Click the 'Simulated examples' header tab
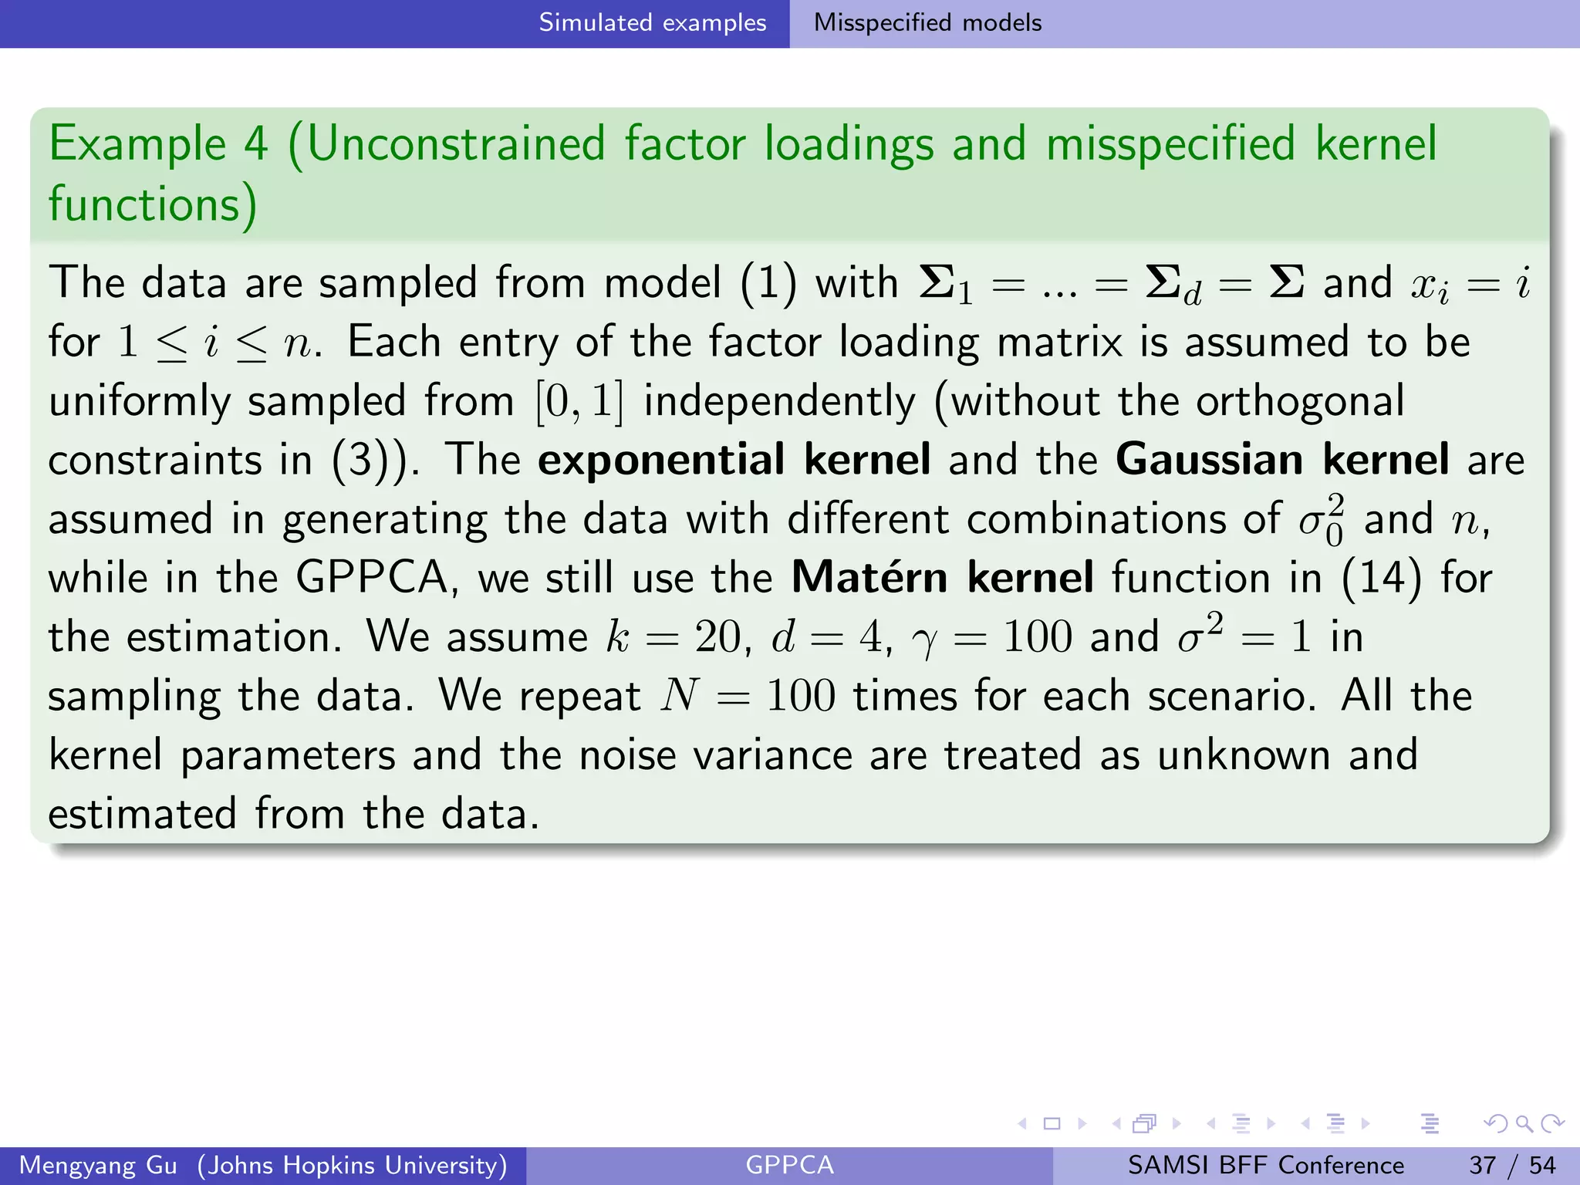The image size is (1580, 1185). pos(652,22)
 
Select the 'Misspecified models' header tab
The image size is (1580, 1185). pos(927,22)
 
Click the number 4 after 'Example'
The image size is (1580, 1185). pos(255,144)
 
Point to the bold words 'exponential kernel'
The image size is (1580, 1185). pos(734,460)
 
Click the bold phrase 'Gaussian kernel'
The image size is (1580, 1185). pos(1282,460)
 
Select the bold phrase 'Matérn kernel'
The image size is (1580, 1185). pos(942,578)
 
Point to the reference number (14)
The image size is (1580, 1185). pos(1382,578)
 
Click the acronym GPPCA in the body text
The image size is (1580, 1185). pos(372,578)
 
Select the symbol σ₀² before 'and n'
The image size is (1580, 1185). pos(1322,520)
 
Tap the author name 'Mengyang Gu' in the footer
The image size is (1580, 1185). pos(98,1165)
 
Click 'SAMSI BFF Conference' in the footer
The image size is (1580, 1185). pos(1265,1165)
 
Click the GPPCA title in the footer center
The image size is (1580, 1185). pos(789,1165)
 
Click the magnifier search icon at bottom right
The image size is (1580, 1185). pos(1523,1123)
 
